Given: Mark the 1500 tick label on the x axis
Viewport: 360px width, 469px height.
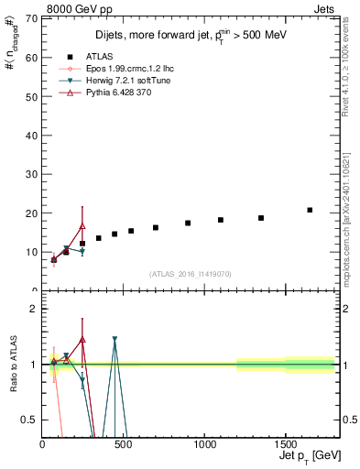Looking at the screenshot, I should point(285,445).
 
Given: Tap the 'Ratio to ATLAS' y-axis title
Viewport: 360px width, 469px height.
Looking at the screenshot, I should point(12,364).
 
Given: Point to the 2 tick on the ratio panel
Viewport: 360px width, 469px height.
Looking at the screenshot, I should point(35,309).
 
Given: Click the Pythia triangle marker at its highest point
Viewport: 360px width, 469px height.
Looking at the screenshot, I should point(82,225).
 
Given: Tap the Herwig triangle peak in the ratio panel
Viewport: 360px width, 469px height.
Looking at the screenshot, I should point(115,339).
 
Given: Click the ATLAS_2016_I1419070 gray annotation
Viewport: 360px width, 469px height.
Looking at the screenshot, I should point(191,273).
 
